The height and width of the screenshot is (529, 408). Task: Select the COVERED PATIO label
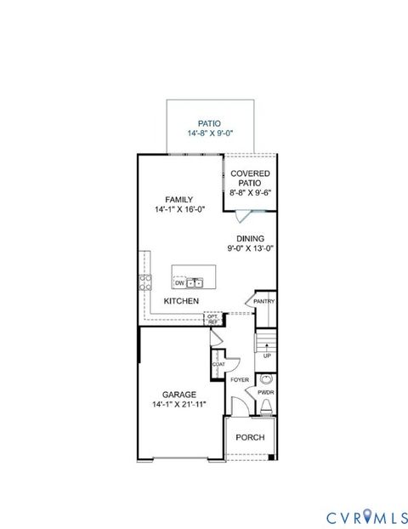point(251,178)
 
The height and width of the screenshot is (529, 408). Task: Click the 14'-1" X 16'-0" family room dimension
point(179,210)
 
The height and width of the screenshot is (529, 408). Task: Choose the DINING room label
point(251,238)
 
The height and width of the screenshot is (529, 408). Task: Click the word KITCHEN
point(181,301)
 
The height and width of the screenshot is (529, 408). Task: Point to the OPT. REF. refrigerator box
point(212,319)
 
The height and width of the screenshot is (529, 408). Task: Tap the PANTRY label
point(263,300)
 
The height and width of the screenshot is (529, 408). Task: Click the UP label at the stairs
point(267,356)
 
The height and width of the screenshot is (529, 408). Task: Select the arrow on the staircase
point(267,344)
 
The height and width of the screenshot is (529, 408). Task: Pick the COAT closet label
point(218,364)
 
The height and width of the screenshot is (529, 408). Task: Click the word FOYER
point(240,379)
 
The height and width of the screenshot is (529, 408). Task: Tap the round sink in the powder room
point(266,379)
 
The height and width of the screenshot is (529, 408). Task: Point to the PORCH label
point(250,437)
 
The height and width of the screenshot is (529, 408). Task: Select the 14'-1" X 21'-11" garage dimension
point(179,406)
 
